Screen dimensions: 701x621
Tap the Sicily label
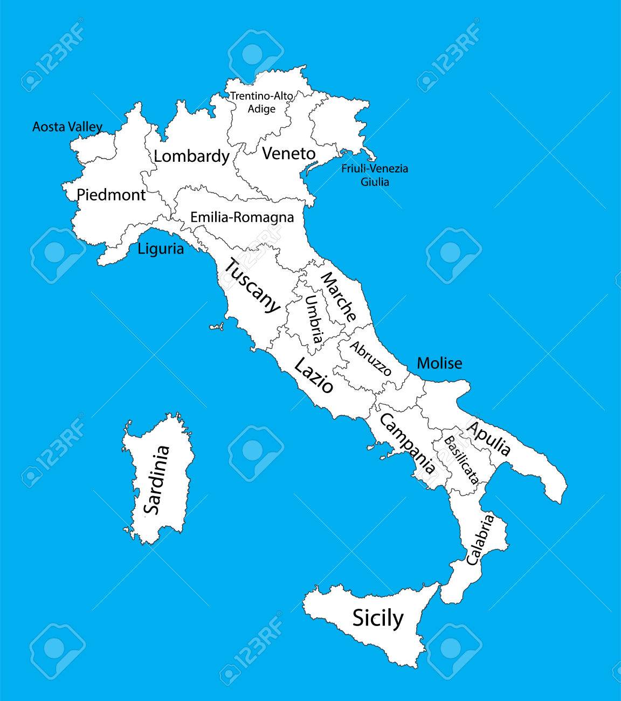[x=377, y=617]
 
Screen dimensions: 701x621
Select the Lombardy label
[x=191, y=156]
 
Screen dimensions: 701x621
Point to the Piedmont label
[x=111, y=195]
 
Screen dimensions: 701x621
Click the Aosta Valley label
[x=67, y=127]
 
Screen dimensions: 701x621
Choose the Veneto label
[x=288, y=154]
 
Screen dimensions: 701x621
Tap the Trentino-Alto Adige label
[x=262, y=102]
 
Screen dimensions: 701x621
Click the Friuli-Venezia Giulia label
[x=375, y=175]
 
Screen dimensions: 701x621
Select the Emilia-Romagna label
[x=242, y=217]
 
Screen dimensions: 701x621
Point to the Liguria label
[x=161, y=249]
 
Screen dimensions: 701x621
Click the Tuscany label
[x=252, y=286]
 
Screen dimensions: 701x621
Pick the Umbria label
[x=314, y=319]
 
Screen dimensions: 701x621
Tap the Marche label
[x=339, y=297]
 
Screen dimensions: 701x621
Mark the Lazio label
[x=313, y=376]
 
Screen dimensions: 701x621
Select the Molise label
[x=439, y=363]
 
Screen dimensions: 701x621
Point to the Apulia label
[x=488, y=438]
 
